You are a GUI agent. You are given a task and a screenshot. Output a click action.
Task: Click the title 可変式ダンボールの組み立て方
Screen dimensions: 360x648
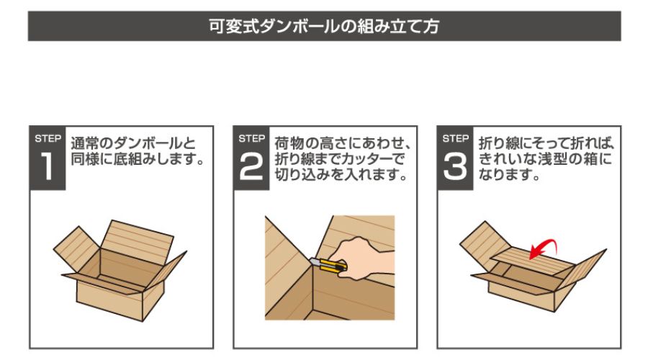coord(323,26)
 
